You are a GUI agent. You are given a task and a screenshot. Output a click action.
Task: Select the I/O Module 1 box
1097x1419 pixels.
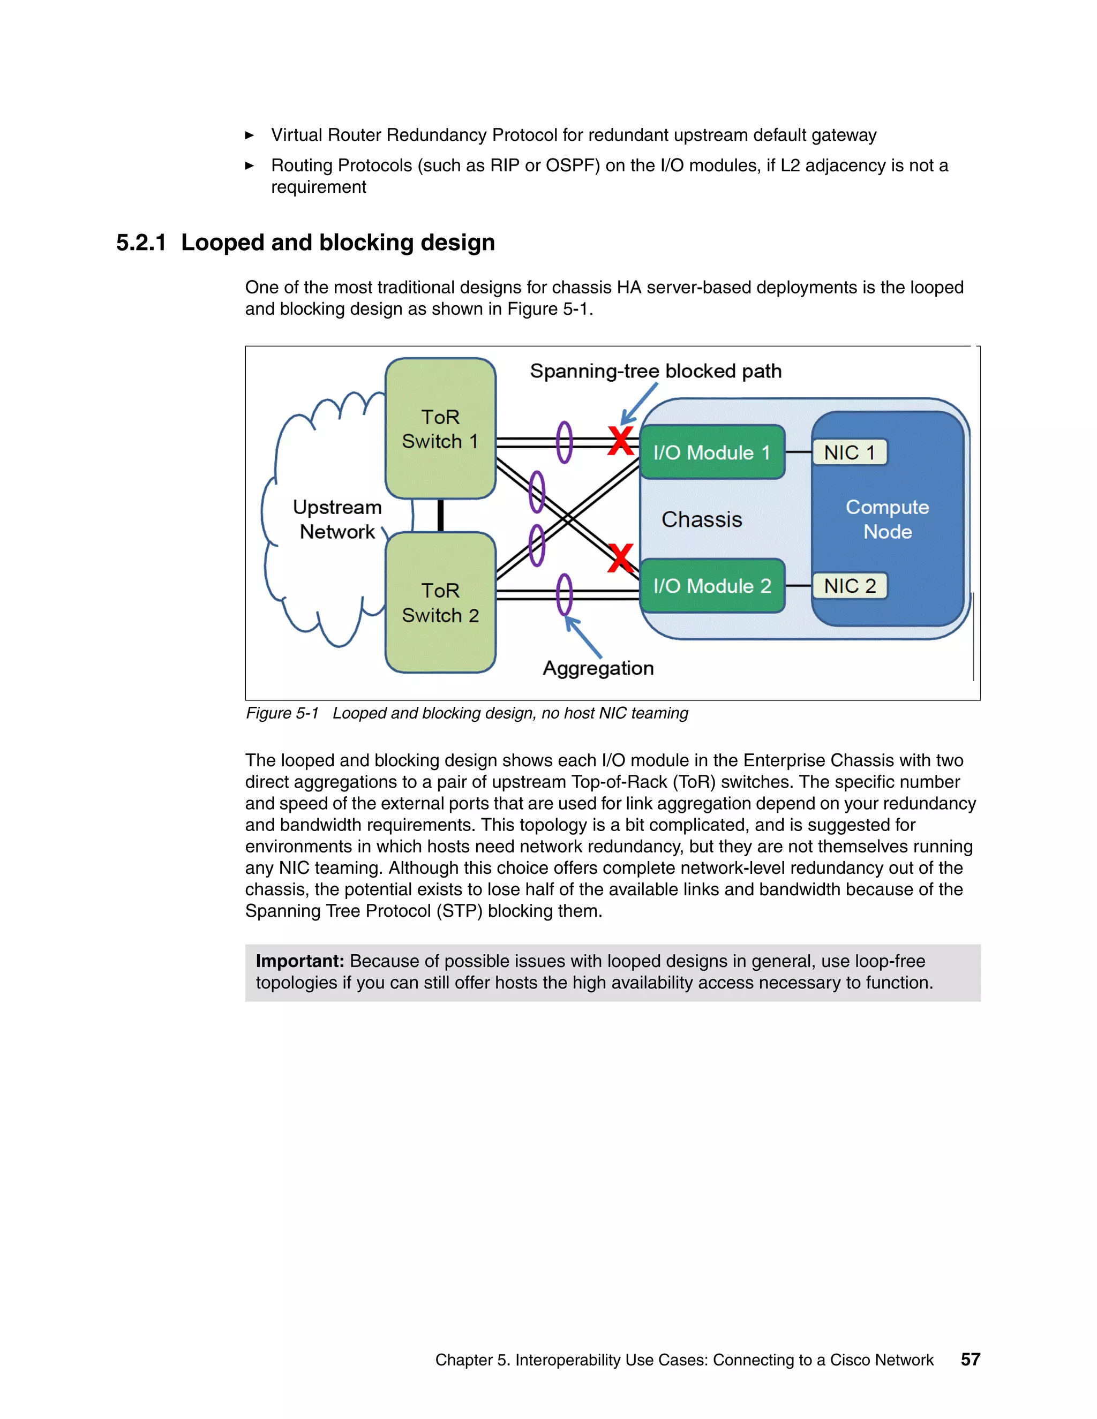click(x=712, y=452)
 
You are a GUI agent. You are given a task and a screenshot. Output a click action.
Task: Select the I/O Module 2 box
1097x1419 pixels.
click(x=712, y=585)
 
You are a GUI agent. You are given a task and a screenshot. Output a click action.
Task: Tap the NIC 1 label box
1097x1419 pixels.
click(x=850, y=452)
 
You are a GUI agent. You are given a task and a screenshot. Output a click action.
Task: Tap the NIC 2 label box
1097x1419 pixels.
click(x=850, y=585)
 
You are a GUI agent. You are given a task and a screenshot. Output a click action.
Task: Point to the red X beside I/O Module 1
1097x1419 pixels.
click(x=621, y=441)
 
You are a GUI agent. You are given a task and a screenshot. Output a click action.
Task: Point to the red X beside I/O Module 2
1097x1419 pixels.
click(x=621, y=558)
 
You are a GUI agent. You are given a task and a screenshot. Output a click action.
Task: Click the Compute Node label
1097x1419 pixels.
click(x=887, y=519)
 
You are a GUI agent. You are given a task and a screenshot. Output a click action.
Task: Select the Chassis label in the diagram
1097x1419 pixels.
click(x=701, y=519)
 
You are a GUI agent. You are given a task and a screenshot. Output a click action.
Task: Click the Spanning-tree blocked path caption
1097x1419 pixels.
click(x=655, y=371)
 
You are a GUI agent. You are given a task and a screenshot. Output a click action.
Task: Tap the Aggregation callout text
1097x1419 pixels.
click(x=598, y=668)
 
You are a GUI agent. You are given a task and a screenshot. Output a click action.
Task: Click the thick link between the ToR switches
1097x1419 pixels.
click(x=441, y=515)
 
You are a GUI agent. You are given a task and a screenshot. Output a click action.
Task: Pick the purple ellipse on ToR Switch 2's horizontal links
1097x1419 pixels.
click(x=565, y=594)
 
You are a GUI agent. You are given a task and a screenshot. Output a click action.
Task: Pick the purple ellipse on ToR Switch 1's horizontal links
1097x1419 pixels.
click(x=565, y=442)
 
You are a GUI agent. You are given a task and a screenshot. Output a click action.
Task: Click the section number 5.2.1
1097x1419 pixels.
click(x=141, y=243)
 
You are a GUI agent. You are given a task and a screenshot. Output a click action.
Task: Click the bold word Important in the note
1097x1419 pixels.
click(x=299, y=961)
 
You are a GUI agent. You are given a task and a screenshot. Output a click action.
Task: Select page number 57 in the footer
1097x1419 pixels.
click(x=970, y=1359)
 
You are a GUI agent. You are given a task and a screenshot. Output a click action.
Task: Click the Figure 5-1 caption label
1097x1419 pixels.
click(x=282, y=713)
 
